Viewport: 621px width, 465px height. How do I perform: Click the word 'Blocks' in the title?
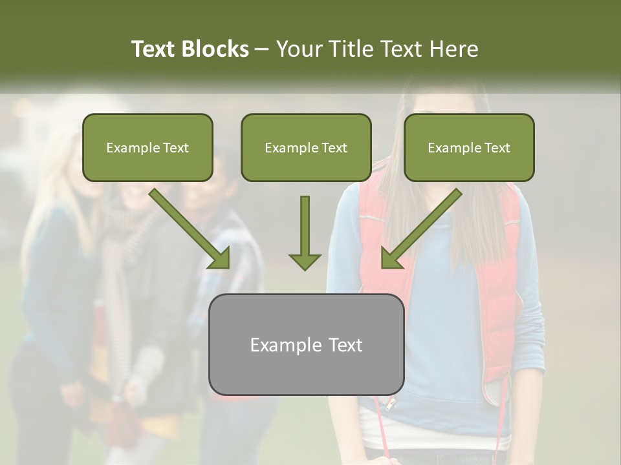tap(215, 49)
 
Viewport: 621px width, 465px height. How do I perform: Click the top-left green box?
tap(147, 147)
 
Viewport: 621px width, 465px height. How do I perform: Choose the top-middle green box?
tap(306, 147)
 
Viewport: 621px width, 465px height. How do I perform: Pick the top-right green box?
tap(469, 147)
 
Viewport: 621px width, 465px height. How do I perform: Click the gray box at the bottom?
tap(306, 344)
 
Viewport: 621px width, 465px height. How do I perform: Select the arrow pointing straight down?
tap(305, 232)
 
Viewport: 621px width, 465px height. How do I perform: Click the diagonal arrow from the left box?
tap(190, 229)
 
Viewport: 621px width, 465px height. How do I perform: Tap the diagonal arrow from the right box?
tap(421, 229)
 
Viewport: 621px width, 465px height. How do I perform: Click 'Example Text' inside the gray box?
tap(306, 345)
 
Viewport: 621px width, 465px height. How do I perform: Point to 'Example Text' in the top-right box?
tap(469, 148)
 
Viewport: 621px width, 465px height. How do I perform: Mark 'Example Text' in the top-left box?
tap(147, 148)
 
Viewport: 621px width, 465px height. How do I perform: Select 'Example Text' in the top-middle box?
tap(306, 148)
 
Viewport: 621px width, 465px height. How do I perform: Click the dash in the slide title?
tap(262, 50)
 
